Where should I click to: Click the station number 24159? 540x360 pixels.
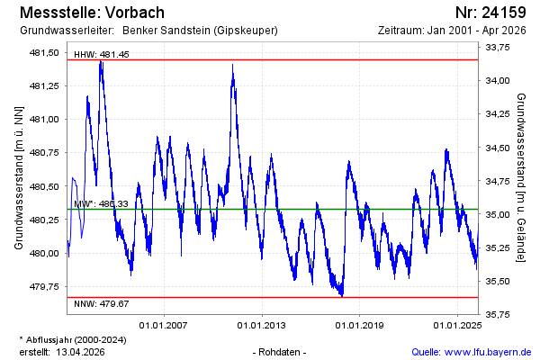[x=504, y=13]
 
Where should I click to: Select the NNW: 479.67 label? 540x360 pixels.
[x=101, y=303]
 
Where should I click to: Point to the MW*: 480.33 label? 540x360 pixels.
[x=101, y=204]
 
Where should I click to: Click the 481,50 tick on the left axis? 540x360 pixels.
[x=44, y=52]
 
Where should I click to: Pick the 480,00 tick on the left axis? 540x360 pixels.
[x=44, y=254]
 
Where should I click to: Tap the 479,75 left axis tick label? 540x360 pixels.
[x=44, y=287]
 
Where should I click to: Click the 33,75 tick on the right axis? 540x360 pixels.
[x=498, y=48]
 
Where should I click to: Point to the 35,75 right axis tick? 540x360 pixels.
[x=498, y=314]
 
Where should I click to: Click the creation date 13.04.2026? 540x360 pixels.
[x=81, y=352]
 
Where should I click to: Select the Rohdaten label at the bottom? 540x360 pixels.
[x=281, y=352]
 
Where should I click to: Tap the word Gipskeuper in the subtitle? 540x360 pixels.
[x=244, y=31]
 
